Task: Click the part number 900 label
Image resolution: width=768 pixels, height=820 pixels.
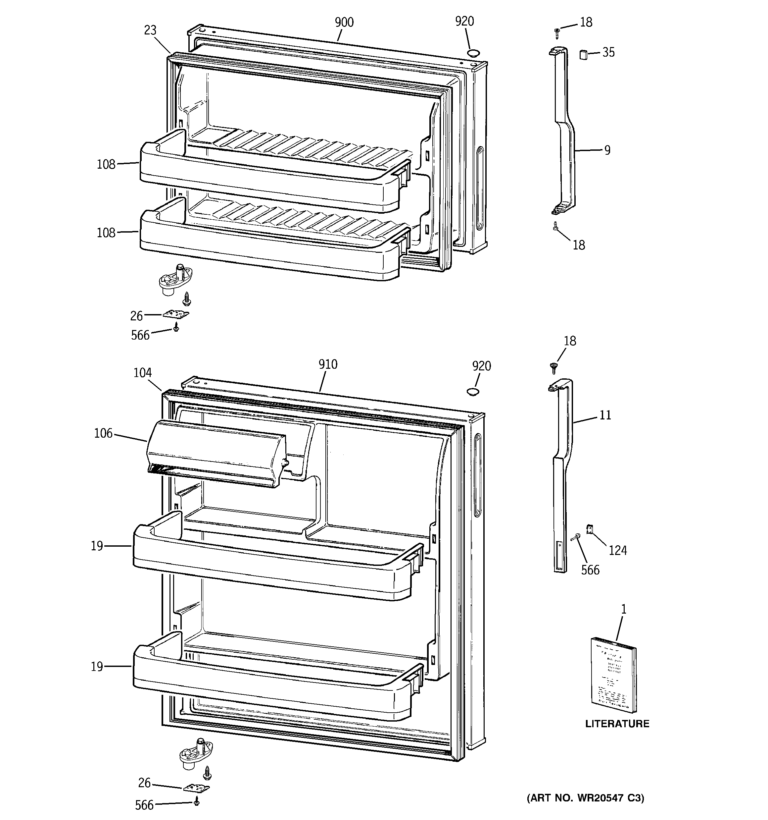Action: click(x=344, y=22)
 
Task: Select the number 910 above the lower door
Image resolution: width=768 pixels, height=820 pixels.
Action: click(x=328, y=364)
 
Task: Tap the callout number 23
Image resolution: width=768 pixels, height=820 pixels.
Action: click(x=151, y=30)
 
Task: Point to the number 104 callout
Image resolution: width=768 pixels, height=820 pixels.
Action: click(x=143, y=373)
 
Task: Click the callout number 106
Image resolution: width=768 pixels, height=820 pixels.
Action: click(x=103, y=433)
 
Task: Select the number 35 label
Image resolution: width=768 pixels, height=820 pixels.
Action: click(x=608, y=52)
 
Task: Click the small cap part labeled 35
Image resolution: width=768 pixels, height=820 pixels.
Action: click(x=583, y=54)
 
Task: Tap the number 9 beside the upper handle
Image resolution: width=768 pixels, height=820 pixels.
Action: click(x=607, y=150)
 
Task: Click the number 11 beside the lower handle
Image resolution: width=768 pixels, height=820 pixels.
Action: click(x=605, y=415)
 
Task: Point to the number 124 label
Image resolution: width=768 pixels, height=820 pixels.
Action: click(x=617, y=550)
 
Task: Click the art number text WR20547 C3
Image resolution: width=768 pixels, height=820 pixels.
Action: click(x=585, y=798)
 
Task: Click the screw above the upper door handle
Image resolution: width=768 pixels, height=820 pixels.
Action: click(x=557, y=32)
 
